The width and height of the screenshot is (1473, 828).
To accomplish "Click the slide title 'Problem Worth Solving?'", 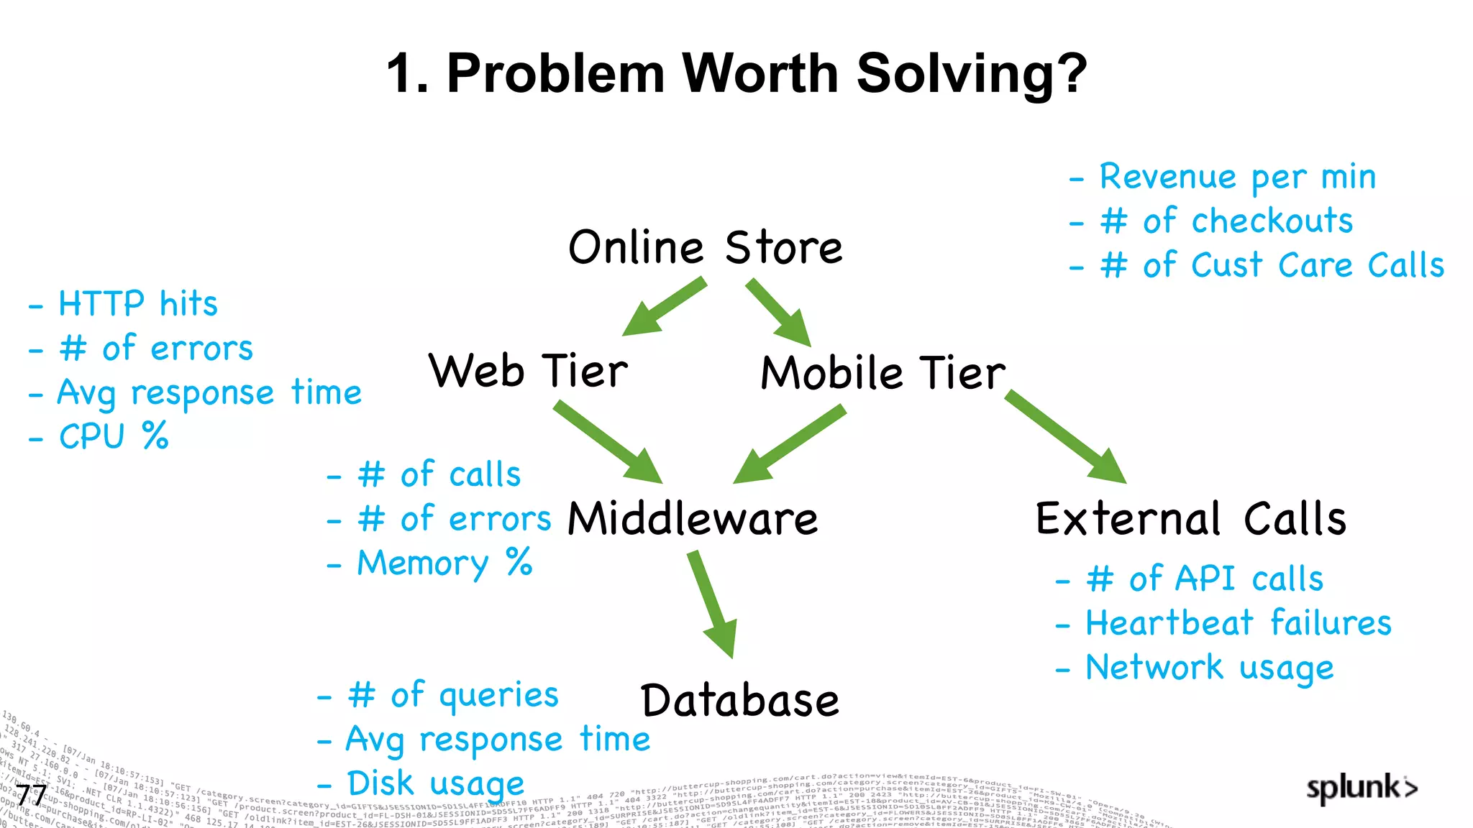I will pos(736,73).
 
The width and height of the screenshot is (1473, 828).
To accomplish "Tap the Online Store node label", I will pos(705,248).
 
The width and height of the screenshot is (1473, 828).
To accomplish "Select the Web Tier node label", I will pos(529,372).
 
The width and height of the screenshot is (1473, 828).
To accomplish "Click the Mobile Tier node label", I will pos(883,373).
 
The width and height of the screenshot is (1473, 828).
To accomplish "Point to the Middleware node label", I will pos(693,518).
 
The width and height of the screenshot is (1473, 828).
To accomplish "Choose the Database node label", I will pos(740,700).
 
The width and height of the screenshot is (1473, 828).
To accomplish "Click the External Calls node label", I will pos(1191,518).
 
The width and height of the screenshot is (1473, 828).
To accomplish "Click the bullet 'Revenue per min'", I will pos(1237,177).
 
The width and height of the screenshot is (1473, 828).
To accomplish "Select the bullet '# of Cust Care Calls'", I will pos(1271,265).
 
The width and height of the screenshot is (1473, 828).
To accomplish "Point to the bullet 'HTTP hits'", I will pos(137,303).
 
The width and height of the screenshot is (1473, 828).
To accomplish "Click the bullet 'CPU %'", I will pos(113,436).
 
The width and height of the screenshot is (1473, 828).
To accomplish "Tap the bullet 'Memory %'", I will pos(444,563).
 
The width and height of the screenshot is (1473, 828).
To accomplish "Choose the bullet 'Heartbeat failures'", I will pos(1238,622).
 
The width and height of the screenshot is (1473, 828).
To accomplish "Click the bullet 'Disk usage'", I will pos(435,783).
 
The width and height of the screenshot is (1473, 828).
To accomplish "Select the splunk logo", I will pos(1361,788).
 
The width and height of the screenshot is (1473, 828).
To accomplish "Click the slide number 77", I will pos(32,795).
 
